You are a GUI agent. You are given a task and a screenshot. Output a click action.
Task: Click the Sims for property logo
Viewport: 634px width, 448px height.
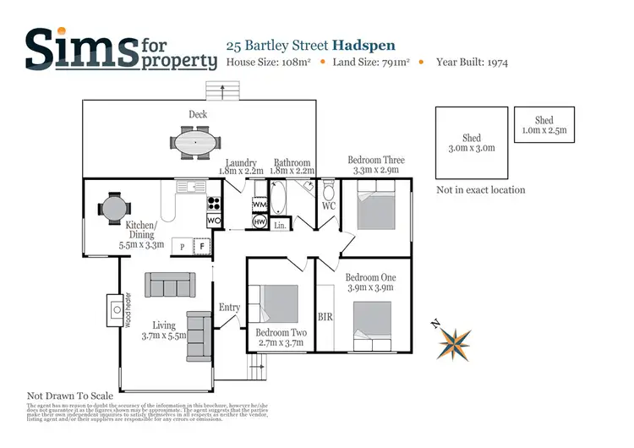point(118,48)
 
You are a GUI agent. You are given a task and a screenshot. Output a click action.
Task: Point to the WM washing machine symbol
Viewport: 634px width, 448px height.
point(260,205)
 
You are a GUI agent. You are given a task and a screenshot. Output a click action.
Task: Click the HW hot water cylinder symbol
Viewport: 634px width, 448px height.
point(260,221)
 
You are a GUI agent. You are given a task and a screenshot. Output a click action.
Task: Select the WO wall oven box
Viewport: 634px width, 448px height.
point(215,221)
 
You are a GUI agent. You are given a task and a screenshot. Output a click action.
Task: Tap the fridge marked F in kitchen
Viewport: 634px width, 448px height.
point(202,246)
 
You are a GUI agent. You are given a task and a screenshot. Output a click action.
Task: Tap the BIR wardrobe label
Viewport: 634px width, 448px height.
point(326,318)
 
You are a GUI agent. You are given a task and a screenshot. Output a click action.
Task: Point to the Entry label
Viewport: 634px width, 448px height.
point(229,307)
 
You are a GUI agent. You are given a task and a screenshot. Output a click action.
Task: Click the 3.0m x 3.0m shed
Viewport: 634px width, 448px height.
point(471,143)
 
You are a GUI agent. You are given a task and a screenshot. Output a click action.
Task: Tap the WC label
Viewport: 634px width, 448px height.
point(330,205)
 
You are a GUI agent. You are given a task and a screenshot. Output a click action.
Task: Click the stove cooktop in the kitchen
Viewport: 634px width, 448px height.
point(214,203)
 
